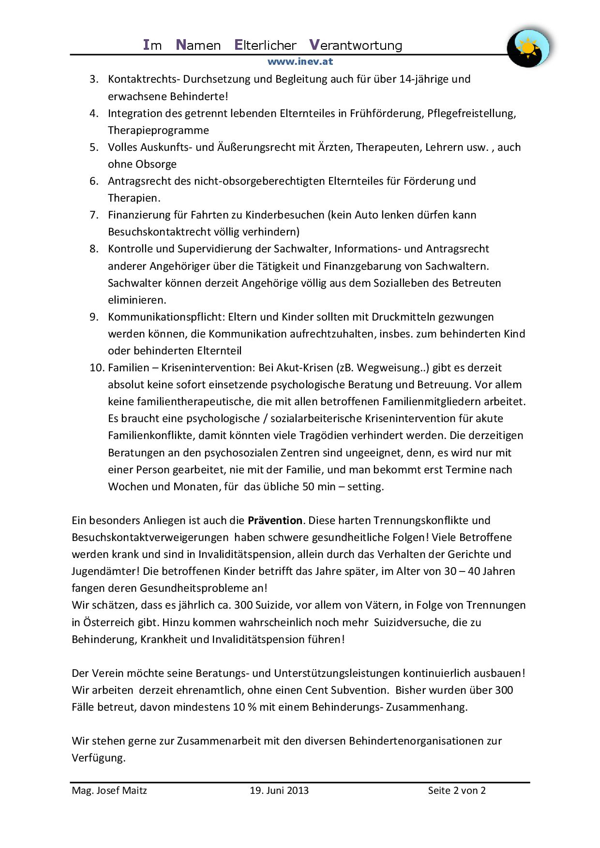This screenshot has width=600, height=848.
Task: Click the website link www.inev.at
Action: tap(300, 61)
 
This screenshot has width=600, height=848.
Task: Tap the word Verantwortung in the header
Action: tap(356, 45)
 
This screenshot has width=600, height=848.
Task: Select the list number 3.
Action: tap(94, 79)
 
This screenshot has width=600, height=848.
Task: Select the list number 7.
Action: tap(94, 215)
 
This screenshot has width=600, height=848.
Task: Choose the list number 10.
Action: tap(97, 367)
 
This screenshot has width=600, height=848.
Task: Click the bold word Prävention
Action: tap(275, 520)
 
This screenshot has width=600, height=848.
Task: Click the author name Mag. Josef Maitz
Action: tap(109, 790)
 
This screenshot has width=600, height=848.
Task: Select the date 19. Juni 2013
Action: tap(279, 790)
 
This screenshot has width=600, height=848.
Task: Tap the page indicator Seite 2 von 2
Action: tap(457, 790)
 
